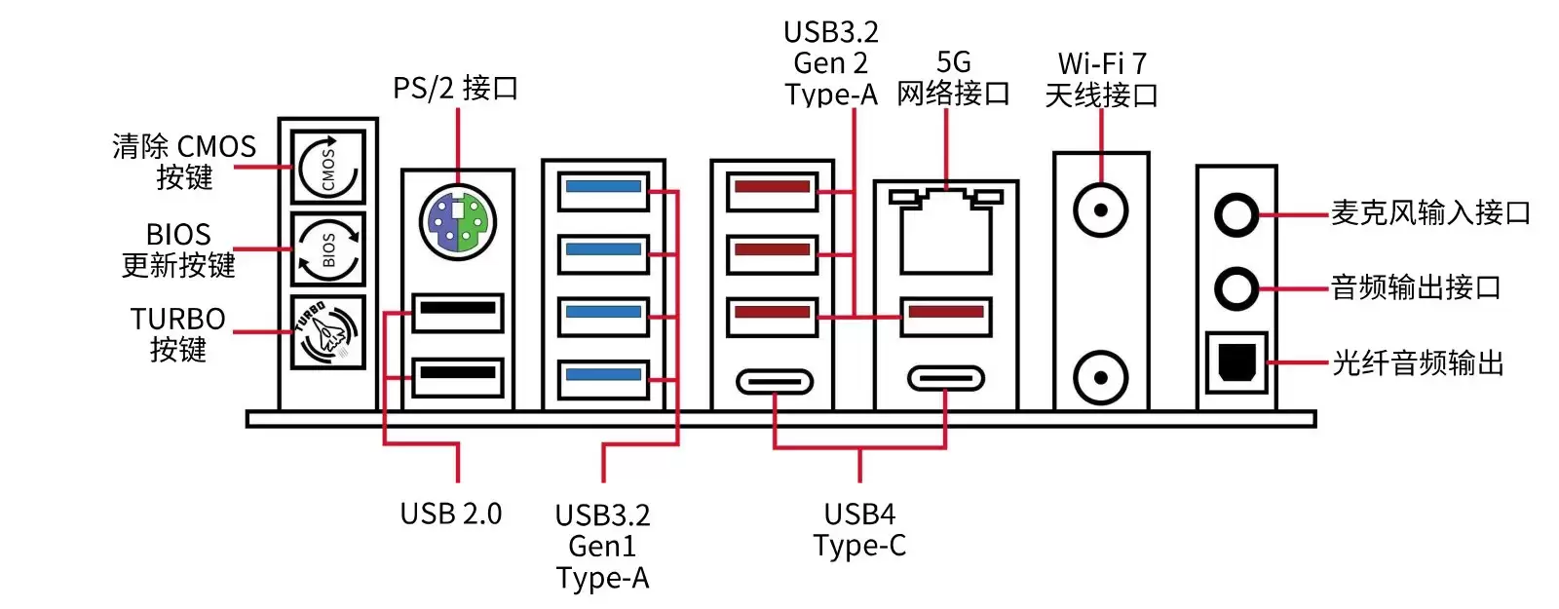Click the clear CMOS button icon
pyautogui.click(x=328, y=168)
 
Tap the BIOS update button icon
pyautogui.click(x=328, y=248)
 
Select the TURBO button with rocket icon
pyautogui.click(x=328, y=331)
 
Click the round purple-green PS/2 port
pyautogui.click(x=457, y=222)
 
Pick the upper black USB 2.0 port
pyautogui.click(x=457, y=312)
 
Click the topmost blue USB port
pyautogui.click(x=603, y=189)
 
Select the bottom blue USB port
pyautogui.click(x=603, y=378)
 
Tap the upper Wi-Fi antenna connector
pyautogui.click(x=1101, y=210)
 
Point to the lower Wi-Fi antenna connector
pyautogui.click(x=1101, y=377)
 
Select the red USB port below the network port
pyautogui.click(x=945, y=316)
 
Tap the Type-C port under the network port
pyautogui.click(x=945, y=378)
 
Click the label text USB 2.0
pyautogui.click(x=450, y=514)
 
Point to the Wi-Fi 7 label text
pyautogui.click(x=1102, y=64)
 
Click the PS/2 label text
pyautogui.click(x=455, y=89)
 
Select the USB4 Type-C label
pyautogui.click(x=859, y=529)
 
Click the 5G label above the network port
pyautogui.click(x=953, y=62)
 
